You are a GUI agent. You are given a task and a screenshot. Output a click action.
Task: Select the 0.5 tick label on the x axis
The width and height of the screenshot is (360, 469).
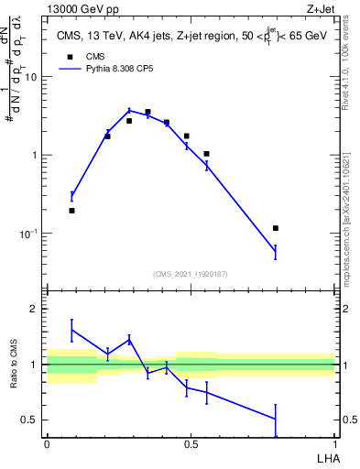191,444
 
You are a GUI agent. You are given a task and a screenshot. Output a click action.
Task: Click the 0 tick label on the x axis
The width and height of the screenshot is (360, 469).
47,444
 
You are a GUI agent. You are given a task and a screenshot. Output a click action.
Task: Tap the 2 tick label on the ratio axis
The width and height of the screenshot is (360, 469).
35,309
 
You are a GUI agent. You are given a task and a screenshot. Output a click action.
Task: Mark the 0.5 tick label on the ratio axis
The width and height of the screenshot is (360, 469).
30,420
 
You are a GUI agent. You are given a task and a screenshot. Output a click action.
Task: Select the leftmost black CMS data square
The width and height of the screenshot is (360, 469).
71,211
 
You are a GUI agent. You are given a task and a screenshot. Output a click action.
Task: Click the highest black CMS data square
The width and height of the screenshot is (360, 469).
147,112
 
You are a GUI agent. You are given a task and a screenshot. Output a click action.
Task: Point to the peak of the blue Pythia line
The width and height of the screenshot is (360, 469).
129,110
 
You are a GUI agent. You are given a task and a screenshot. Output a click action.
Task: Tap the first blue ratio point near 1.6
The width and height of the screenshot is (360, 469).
71,330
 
